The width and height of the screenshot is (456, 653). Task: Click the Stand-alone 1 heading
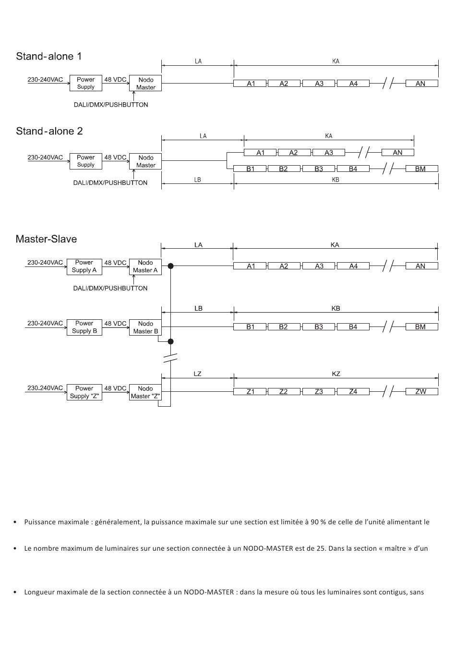tap(48, 56)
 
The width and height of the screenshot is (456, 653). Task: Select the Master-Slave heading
tap(46, 239)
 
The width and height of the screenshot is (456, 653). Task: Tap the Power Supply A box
tap(84, 266)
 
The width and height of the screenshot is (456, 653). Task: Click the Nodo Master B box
tap(145, 327)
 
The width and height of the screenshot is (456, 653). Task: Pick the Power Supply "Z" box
tap(84, 392)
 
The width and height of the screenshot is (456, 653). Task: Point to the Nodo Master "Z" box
tap(145, 392)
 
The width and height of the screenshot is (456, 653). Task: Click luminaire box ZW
tap(421, 392)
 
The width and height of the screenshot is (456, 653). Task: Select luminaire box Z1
tap(251, 392)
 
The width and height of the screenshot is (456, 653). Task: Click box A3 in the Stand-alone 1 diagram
tap(319, 84)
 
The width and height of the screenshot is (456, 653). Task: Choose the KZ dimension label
tap(336, 374)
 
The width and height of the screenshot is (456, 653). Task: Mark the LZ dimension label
tap(198, 374)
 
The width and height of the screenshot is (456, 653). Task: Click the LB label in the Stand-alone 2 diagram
tap(198, 180)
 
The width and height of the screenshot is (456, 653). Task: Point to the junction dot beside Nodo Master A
tap(170, 266)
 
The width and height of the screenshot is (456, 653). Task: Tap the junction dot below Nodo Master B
tap(170, 341)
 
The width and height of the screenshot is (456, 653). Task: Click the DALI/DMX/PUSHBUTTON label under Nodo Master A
tap(110, 288)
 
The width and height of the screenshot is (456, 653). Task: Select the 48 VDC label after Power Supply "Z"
tap(115, 388)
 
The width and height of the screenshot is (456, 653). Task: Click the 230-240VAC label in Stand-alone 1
tap(45, 80)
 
